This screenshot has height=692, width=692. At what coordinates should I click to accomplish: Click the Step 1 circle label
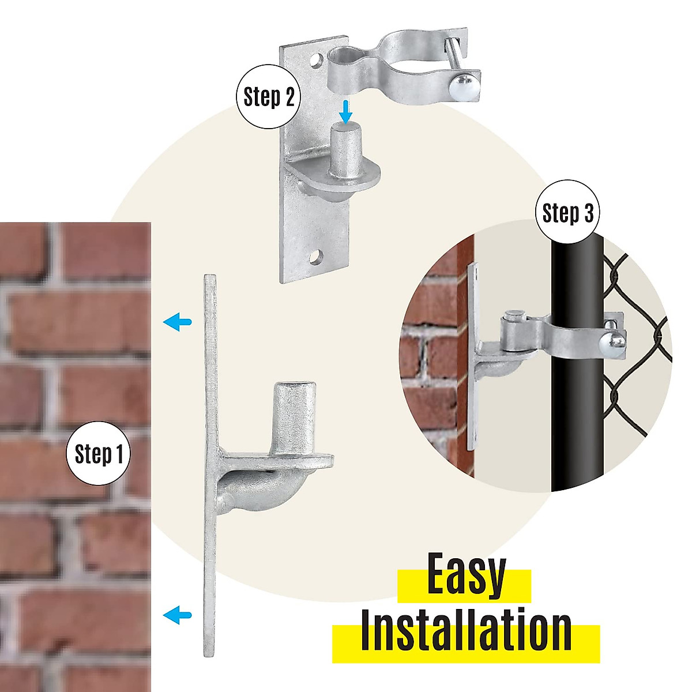point(99,454)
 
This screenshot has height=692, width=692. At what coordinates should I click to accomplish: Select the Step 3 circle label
point(568,213)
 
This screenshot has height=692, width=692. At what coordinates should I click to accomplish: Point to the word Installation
point(466,633)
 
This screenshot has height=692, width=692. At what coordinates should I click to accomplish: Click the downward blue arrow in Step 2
point(345,112)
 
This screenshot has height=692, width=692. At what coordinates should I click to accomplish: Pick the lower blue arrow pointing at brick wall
point(177,615)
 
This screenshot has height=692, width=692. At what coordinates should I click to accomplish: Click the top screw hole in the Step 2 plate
point(315,60)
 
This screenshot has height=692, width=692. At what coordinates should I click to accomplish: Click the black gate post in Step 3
point(577,404)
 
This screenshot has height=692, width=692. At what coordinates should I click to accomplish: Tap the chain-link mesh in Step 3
point(634,346)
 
